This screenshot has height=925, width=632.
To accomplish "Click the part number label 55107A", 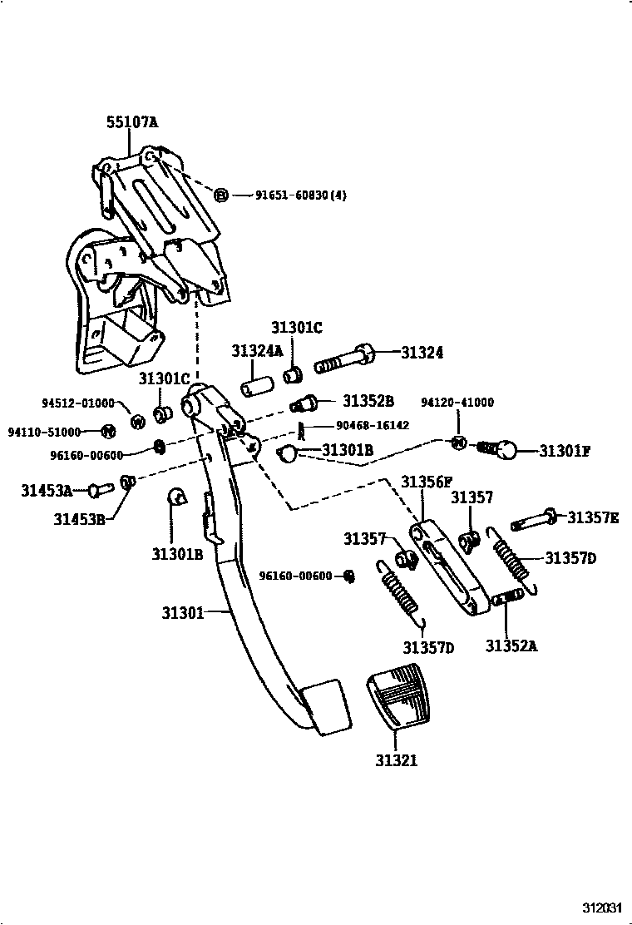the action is point(132,122).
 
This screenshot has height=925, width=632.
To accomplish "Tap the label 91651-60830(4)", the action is point(301,195).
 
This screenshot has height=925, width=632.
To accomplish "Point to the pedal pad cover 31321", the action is point(400,695).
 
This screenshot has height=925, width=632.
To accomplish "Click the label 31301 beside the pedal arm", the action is point(183,613).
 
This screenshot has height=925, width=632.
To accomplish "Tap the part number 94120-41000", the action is point(457,403).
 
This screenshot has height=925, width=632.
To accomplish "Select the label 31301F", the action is point(564,452).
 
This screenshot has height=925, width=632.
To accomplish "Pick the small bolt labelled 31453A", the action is point(100,489).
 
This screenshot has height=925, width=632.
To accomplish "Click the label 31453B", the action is point(79,519).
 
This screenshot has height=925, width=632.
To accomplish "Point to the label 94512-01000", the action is point(78,403).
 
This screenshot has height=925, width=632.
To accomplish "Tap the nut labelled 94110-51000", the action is point(107,431).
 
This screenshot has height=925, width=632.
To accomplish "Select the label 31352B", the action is point(368,401).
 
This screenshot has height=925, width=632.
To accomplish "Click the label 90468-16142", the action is point(372,425).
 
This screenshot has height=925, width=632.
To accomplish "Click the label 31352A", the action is point(511,646).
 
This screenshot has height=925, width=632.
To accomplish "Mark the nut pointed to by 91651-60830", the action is point(221,195).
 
